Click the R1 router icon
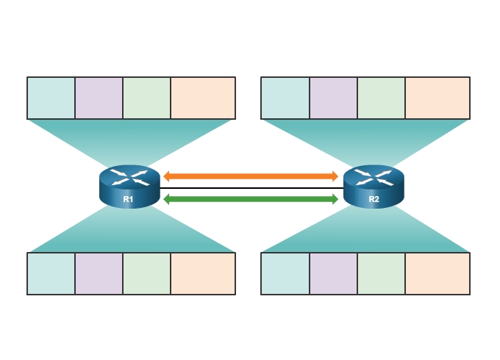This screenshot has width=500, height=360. pos(129,187)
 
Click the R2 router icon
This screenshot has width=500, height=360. pos(374,187)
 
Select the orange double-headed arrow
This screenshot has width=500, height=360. pos(251,176)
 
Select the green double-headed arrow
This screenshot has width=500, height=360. pos(251,198)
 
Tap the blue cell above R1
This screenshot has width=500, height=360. pos(51,98)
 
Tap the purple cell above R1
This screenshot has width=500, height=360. pos(99,98)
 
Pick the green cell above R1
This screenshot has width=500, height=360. pos(147,98)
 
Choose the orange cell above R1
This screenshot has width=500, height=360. pos(203,98)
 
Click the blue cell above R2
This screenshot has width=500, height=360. pos(285,98)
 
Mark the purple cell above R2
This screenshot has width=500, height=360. pos(333,98)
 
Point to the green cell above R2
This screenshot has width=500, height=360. pos(381,98)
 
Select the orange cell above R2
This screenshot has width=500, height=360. pos(438,98)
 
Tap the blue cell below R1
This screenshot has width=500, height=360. pos(51,273)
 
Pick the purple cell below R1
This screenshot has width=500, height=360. pos(99,273)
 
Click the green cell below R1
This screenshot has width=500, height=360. pos(147,273)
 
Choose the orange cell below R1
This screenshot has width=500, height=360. pos(203,273)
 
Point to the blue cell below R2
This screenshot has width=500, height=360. pos(285,273)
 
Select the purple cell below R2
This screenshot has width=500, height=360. pos(333,273)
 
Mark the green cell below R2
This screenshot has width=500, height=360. pos(381,273)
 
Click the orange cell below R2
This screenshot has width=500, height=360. pos(438,273)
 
